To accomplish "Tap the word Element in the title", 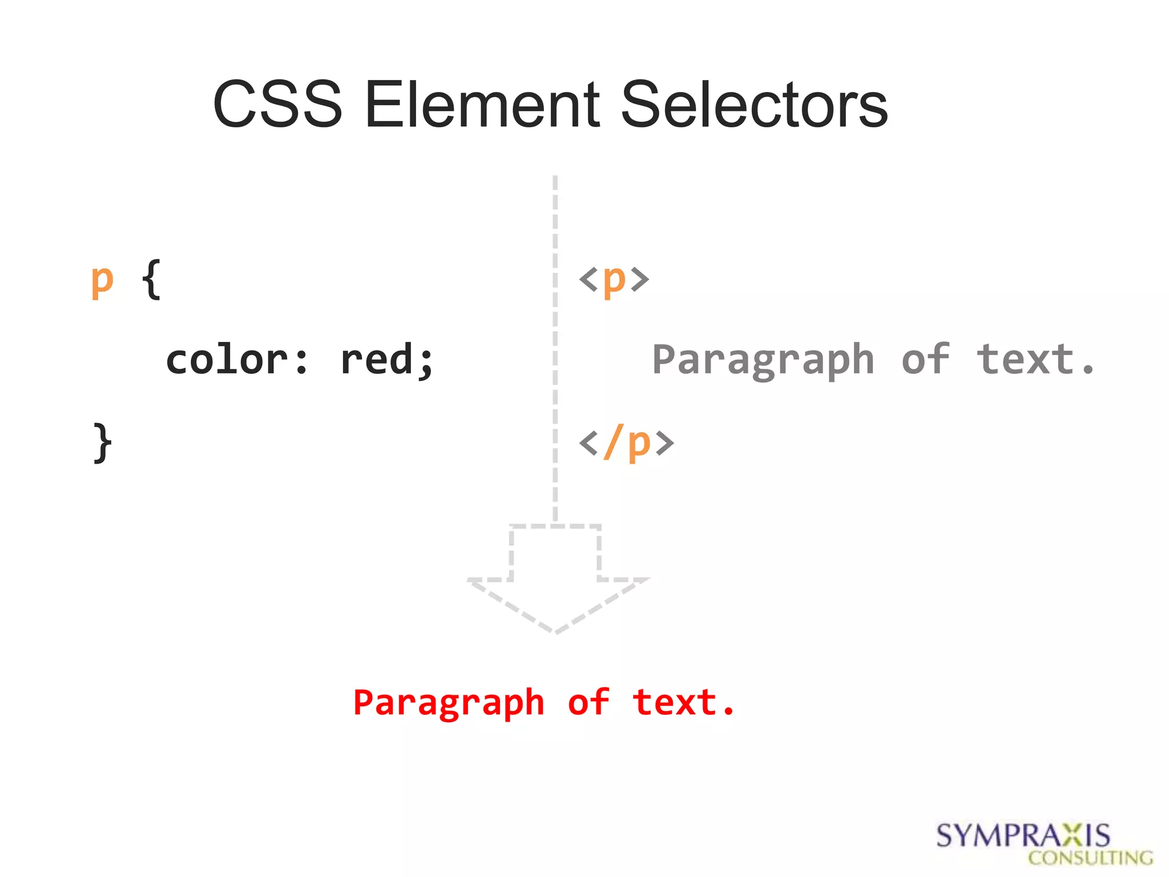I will click(482, 104).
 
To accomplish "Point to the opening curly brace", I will click(151, 280).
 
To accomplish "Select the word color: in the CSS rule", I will click(237, 360).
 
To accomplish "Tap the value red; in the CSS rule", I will click(387, 360).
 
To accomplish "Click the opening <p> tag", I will click(614, 280).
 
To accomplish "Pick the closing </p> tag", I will click(627, 442).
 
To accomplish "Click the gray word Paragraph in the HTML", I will click(763, 360).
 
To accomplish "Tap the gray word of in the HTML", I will click(925, 360).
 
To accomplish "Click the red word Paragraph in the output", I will click(449, 703).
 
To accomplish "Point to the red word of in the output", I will click(588, 703).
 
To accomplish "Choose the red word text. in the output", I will click(684, 703).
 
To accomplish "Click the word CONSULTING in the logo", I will click(1090, 858).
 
